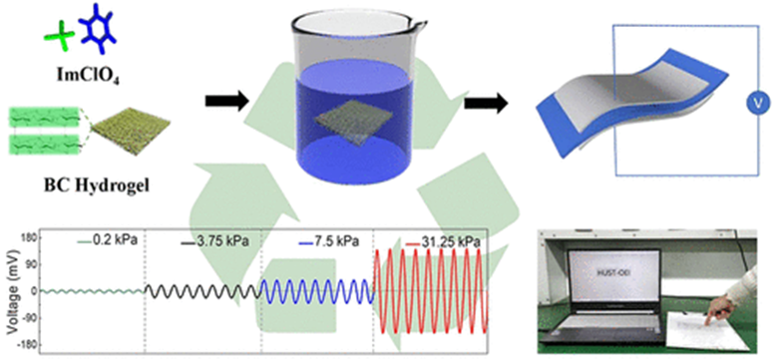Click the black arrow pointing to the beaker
[x=226, y=103]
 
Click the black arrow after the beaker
[x=486, y=103]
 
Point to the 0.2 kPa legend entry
[x=107, y=241]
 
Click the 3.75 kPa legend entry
[x=214, y=241]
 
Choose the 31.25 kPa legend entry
[x=442, y=241]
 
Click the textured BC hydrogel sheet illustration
[x=132, y=131]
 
